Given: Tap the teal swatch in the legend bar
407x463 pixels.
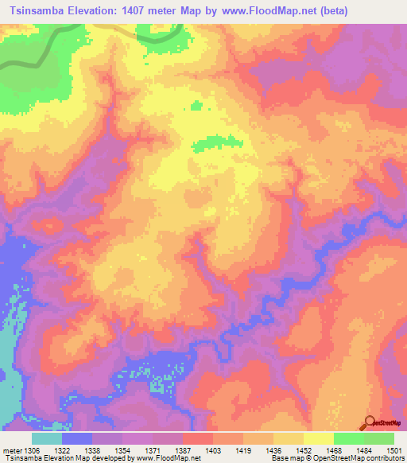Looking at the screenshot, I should coord(47,438).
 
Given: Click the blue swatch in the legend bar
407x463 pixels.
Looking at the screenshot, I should coord(77,438).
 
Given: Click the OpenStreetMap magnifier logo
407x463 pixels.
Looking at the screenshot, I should coord(370,422).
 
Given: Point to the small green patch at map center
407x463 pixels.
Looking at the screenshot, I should coord(215,142).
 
